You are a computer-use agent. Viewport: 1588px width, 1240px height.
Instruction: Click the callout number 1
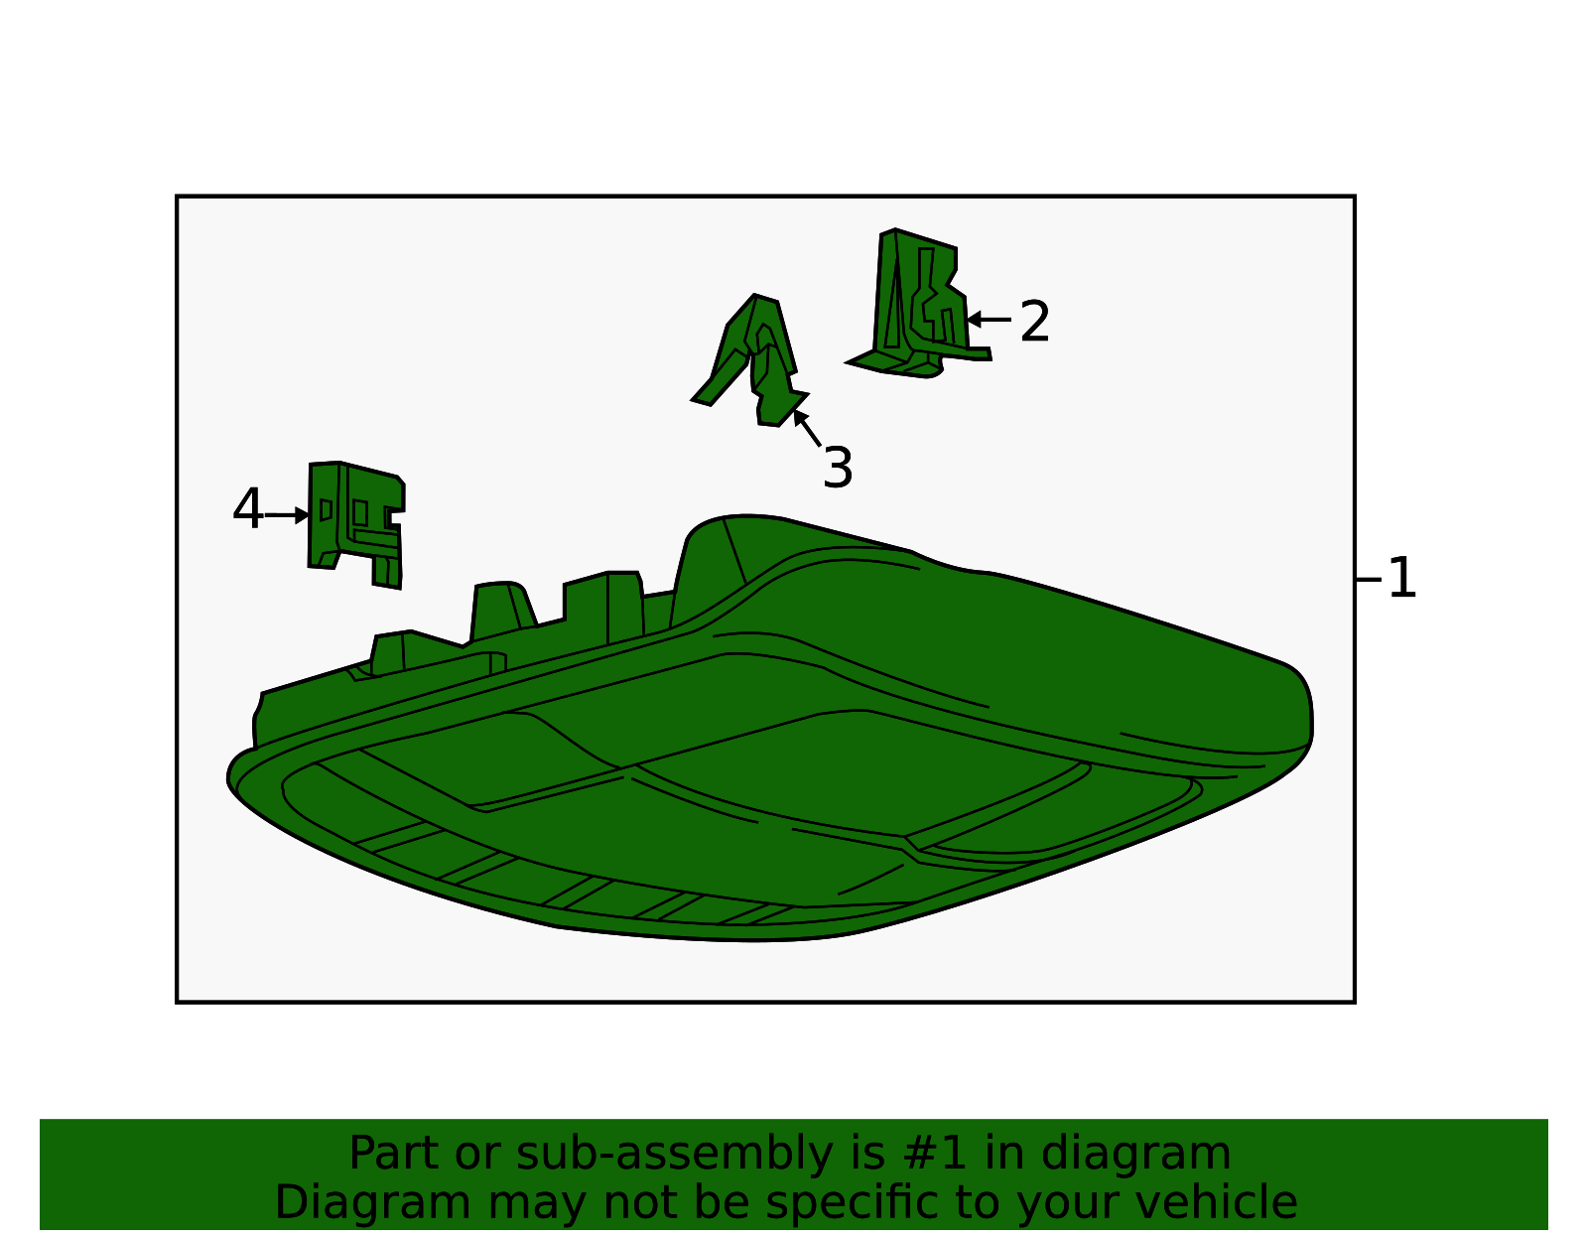tap(1401, 578)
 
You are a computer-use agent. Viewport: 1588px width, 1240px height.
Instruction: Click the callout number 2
tap(1034, 321)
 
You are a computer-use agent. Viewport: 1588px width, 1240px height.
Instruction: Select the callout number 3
tap(838, 468)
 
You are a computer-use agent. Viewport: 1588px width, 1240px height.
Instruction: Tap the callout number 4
tap(247, 508)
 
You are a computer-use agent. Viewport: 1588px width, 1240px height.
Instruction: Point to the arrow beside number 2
tap(988, 320)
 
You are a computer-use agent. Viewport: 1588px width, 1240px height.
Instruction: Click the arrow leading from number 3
tap(807, 428)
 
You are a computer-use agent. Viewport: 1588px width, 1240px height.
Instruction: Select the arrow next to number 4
tap(287, 515)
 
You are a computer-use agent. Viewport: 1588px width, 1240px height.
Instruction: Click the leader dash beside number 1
tap(1368, 580)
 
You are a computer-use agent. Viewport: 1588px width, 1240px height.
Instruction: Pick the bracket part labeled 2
tap(916, 307)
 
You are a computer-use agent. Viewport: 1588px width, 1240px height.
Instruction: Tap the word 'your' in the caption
tap(1069, 1205)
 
